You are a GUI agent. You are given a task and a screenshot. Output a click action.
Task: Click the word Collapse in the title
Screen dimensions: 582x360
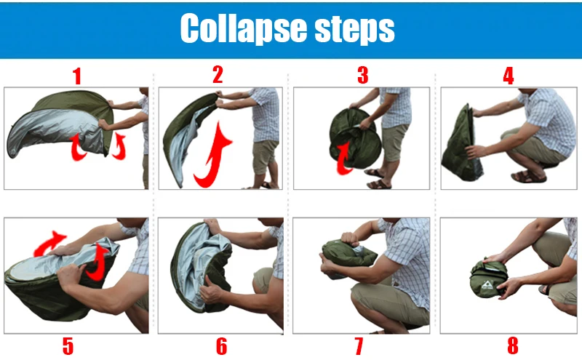pos(243,28)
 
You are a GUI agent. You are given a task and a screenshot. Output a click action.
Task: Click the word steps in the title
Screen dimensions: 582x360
pos(354,30)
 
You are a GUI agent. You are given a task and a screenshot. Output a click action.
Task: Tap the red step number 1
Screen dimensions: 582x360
pos(77,76)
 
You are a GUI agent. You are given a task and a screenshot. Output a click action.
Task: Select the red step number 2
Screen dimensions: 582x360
pos(218,75)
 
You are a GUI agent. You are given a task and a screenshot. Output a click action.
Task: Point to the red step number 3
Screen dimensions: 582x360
pos(362,75)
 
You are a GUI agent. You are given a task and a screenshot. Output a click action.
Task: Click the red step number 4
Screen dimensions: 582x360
pos(508,76)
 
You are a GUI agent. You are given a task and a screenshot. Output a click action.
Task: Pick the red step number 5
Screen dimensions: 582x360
pos(68,346)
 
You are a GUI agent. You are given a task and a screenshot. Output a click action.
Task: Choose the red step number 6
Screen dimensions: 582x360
pos(222,346)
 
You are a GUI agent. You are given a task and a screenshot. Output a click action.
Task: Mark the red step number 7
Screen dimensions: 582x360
pos(359,346)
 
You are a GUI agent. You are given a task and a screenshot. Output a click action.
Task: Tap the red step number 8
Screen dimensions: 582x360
pos(513,346)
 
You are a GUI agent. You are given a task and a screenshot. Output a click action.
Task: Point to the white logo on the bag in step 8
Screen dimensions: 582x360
pos(487,285)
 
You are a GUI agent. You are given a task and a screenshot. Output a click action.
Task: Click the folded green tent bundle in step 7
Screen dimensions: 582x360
pos(347,255)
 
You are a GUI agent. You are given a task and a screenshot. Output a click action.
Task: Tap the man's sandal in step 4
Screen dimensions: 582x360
pos(528,177)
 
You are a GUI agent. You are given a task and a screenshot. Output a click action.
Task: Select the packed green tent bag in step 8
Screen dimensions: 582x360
pos(488,278)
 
